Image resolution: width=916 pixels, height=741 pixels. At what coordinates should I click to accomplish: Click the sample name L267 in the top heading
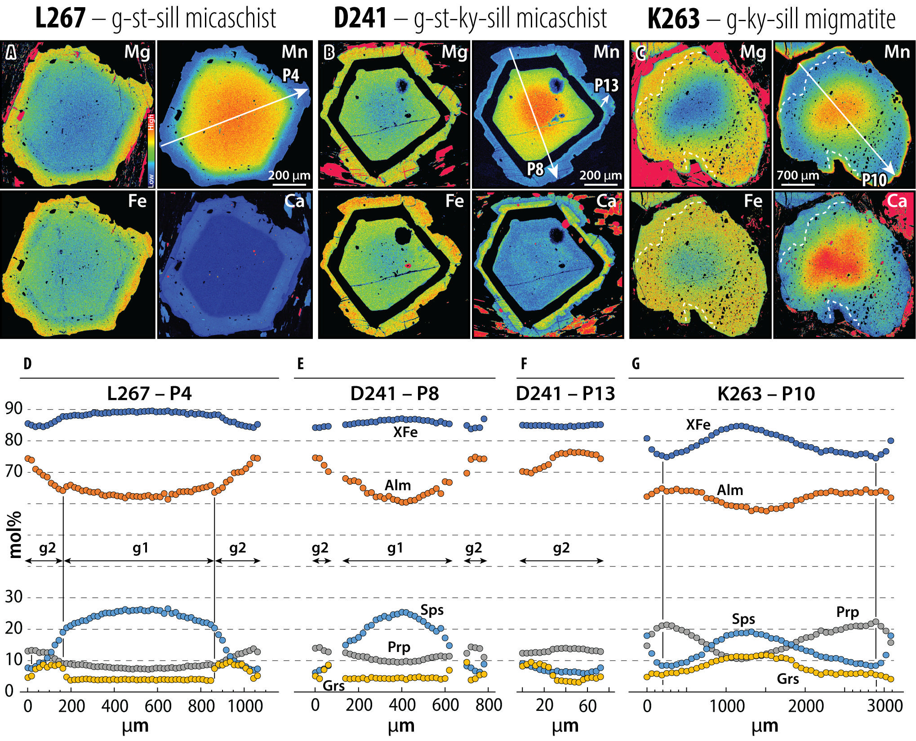[60, 19]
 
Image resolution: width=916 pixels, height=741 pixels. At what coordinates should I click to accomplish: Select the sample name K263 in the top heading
[673, 19]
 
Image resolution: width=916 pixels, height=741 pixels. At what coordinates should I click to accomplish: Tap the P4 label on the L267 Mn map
[290, 75]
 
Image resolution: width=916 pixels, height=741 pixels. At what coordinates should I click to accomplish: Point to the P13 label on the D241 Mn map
[606, 85]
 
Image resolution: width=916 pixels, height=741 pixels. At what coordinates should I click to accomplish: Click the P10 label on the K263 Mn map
[874, 180]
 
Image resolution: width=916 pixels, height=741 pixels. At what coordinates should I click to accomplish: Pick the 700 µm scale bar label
[798, 175]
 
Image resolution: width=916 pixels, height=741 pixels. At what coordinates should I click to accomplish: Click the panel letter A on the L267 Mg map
[11, 53]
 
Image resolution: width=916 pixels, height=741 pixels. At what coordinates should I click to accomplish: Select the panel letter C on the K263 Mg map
[641, 53]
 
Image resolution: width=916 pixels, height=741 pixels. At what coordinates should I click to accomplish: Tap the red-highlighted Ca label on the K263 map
[897, 201]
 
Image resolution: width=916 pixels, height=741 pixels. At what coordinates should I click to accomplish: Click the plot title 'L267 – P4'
[149, 394]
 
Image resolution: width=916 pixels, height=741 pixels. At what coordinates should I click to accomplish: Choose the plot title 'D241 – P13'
[565, 394]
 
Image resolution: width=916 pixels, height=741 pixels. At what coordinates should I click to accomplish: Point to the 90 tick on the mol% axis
[13, 409]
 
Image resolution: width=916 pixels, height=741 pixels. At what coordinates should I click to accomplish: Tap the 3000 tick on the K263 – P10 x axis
[885, 706]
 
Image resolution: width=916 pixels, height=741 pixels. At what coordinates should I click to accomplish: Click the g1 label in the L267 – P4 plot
[140, 548]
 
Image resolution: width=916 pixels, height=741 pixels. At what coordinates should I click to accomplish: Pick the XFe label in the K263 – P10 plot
[698, 425]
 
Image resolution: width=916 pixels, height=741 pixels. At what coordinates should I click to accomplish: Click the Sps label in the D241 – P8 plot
[432, 610]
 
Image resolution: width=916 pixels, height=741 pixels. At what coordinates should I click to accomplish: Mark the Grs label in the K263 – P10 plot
[787, 679]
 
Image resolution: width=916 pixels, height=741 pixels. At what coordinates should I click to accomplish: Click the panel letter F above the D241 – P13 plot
[524, 364]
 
